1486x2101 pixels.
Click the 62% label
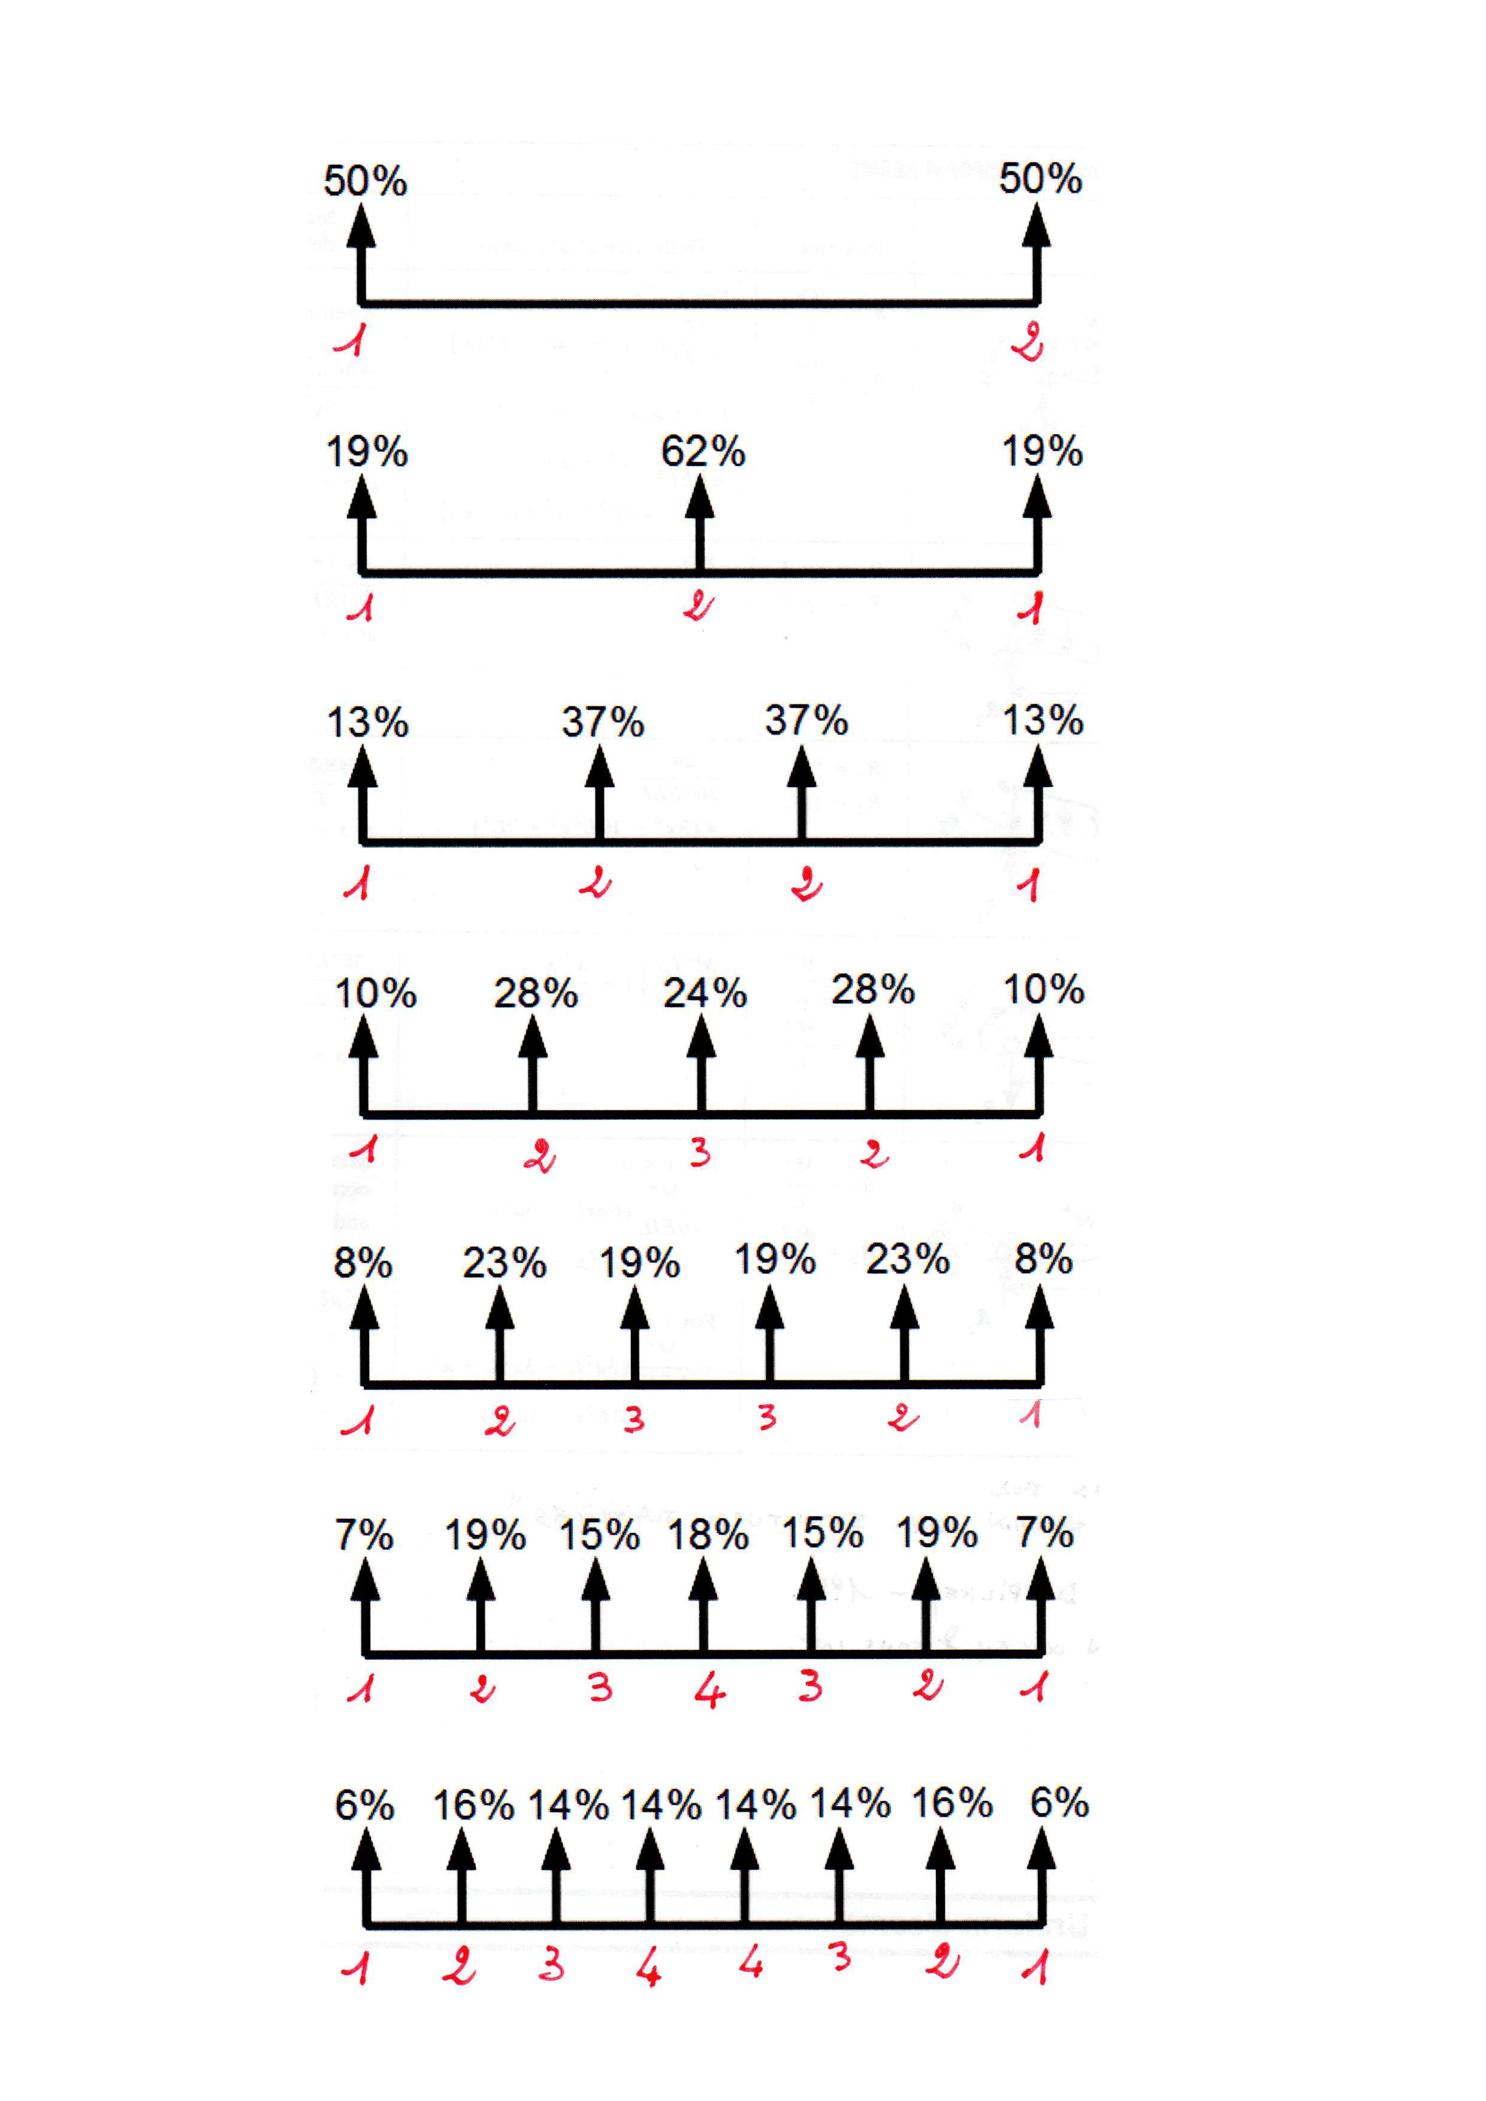703,451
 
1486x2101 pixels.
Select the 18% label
707,1535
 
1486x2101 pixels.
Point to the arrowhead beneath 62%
700,498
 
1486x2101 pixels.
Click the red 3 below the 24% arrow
700,1151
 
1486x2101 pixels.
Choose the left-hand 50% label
365,180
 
